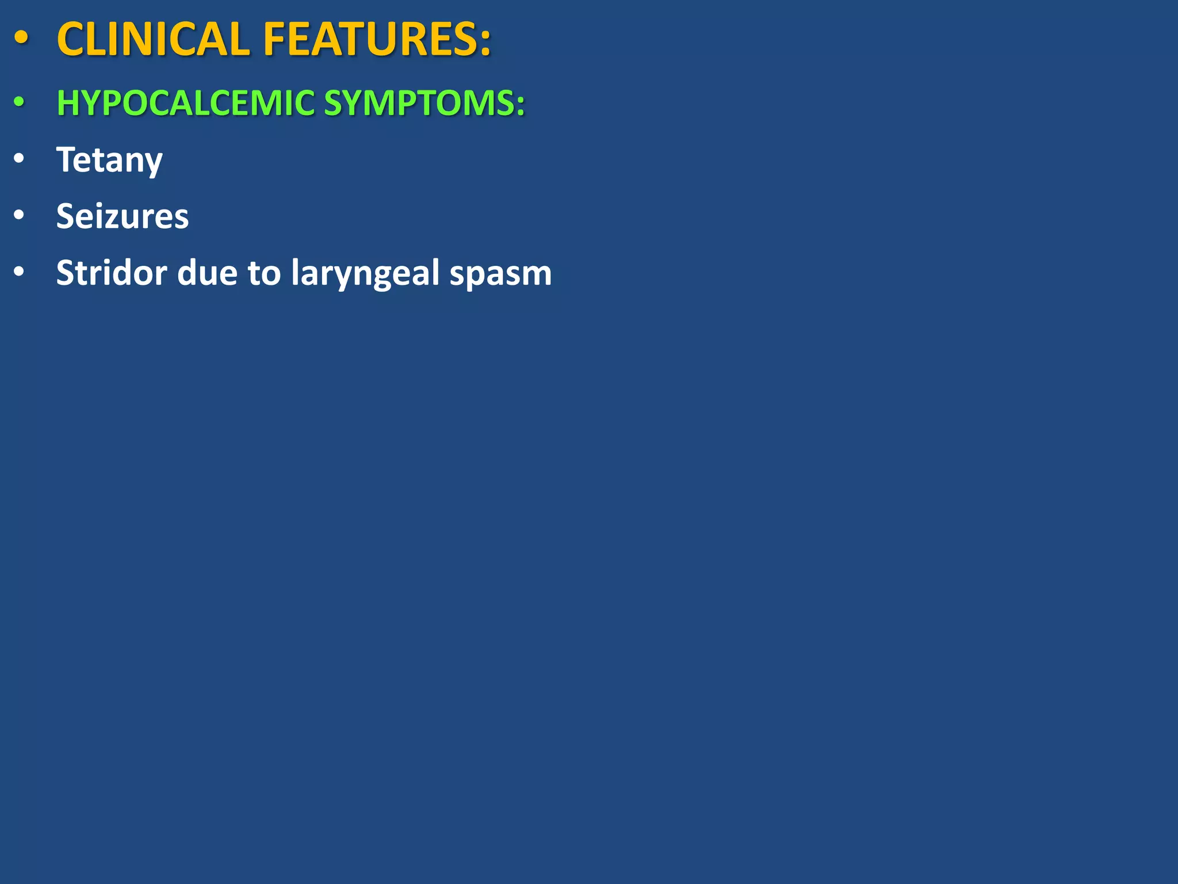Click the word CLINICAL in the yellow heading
(x=153, y=40)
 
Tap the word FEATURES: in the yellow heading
(x=377, y=40)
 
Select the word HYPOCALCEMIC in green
(x=185, y=103)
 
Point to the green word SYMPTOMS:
(x=424, y=103)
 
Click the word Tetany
(x=109, y=160)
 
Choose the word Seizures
(x=123, y=216)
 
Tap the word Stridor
(x=112, y=272)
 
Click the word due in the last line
(x=207, y=272)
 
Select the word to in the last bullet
(x=264, y=273)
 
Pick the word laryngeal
(x=365, y=273)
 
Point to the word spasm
(x=500, y=273)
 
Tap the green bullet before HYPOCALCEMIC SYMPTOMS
(x=20, y=102)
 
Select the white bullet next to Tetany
(x=19, y=158)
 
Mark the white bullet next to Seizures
(x=19, y=215)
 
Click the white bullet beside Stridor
(x=19, y=271)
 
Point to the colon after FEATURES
(x=485, y=41)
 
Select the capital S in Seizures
(x=67, y=216)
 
